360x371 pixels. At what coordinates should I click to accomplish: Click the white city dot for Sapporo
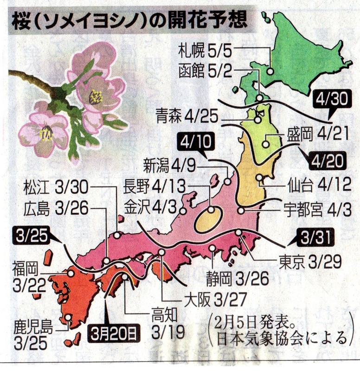click(269, 72)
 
